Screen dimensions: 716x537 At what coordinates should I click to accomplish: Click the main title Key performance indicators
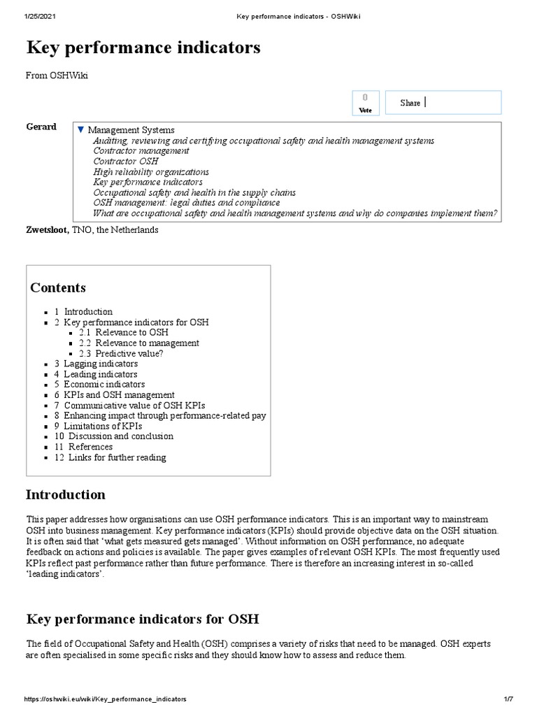[143, 48]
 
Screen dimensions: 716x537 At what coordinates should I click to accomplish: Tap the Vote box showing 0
[365, 102]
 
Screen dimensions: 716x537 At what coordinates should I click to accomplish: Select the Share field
[443, 103]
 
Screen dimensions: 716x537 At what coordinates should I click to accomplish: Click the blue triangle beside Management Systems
[80, 130]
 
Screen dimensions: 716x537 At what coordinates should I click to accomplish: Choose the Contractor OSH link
[126, 161]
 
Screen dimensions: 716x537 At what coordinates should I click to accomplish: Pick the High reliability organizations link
[151, 171]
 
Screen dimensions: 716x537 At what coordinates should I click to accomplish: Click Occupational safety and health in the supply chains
[194, 192]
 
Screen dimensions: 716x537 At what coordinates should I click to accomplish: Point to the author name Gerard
[41, 127]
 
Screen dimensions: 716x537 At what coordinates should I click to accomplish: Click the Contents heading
[58, 287]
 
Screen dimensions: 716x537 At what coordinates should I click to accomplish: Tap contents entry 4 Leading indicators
[96, 374]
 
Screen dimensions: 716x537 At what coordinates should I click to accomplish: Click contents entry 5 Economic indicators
[99, 385]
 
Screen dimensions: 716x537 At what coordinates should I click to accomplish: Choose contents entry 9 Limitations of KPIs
[98, 426]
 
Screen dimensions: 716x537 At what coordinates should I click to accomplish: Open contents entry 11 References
[83, 447]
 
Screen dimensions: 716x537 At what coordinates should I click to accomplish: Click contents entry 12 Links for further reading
[110, 457]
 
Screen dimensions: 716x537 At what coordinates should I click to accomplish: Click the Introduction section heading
[66, 494]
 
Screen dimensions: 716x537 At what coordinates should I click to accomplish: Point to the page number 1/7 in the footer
[508, 699]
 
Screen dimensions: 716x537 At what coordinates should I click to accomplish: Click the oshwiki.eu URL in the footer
[106, 699]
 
